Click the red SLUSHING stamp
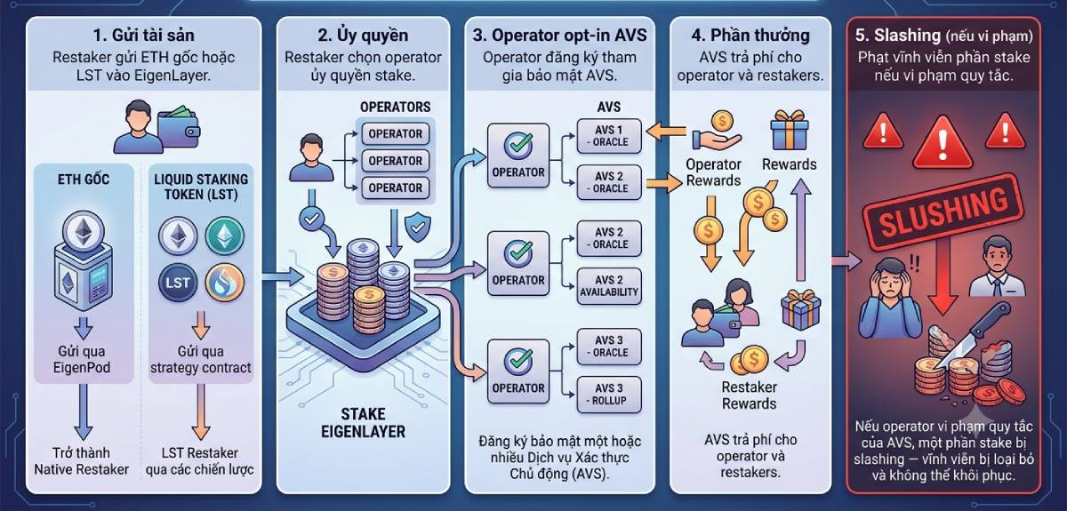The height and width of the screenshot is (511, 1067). [x=943, y=212]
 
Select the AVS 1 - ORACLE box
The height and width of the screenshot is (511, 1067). [x=609, y=136]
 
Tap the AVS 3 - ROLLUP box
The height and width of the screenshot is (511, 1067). [x=609, y=395]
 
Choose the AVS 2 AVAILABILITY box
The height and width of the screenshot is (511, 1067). [x=609, y=286]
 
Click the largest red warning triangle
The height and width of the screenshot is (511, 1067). [x=943, y=144]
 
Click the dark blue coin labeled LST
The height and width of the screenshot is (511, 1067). [x=177, y=283]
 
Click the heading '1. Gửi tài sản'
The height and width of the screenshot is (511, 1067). [x=143, y=36]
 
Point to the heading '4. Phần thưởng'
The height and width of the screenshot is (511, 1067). [x=750, y=36]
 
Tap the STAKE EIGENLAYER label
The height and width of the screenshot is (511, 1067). [x=363, y=422]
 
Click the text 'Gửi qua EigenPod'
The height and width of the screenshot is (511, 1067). [x=82, y=360]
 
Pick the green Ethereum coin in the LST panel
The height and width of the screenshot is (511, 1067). [x=225, y=236]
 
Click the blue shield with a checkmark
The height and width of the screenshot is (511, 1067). [x=418, y=228]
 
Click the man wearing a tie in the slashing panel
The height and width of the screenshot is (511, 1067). [x=998, y=267]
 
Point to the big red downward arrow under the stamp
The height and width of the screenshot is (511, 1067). [x=943, y=276]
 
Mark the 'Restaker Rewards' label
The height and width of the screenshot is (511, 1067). [x=750, y=395]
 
